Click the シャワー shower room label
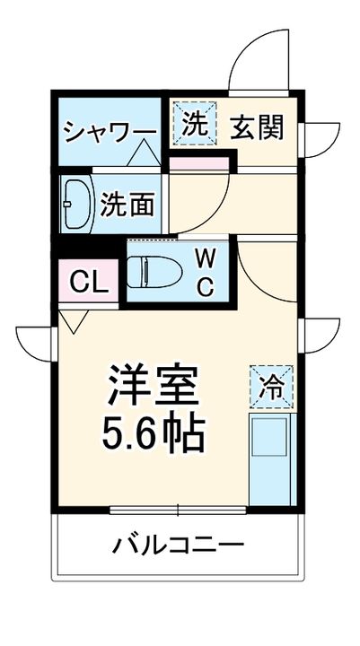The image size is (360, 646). (x=109, y=131)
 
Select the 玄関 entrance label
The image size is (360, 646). (x=259, y=128)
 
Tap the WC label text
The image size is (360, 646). (x=206, y=273)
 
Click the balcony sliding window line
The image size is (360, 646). (x=179, y=511)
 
